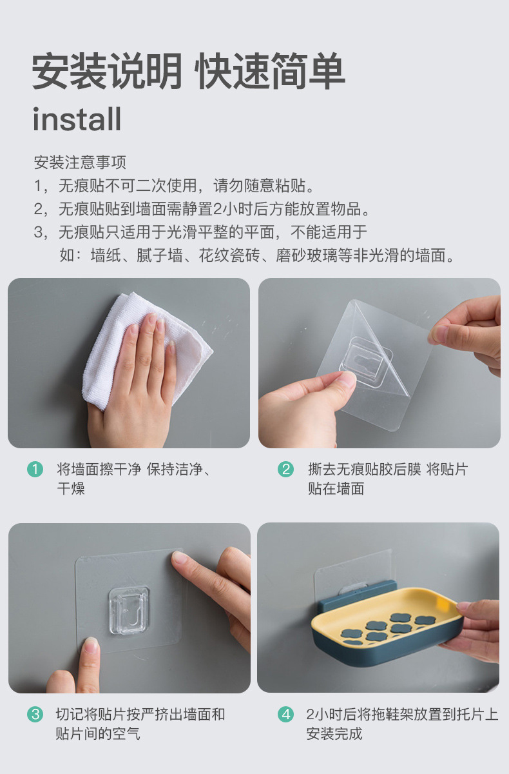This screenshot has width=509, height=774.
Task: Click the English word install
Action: [x=77, y=119]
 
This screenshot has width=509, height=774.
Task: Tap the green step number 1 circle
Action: [x=35, y=470]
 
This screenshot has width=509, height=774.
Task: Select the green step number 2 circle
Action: [x=285, y=470]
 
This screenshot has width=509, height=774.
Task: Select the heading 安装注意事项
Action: [x=80, y=163]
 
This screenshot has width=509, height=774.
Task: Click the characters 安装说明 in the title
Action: [x=106, y=71]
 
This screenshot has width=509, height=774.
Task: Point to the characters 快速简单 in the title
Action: [x=270, y=71]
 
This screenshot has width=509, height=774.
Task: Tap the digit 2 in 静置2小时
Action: [x=217, y=209]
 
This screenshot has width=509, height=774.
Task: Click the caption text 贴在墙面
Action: [x=336, y=489]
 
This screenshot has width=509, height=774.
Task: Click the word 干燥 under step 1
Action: [x=71, y=489]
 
